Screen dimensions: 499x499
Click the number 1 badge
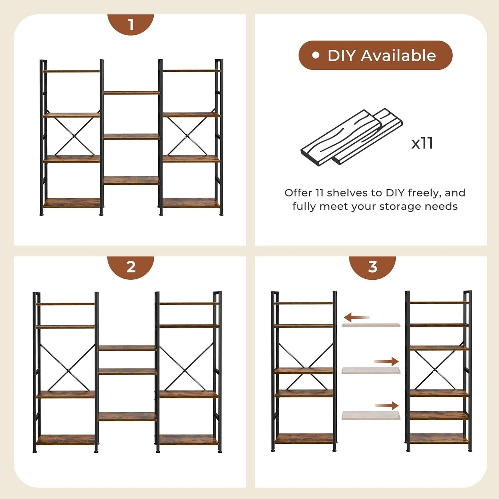pyautogui.click(x=131, y=24)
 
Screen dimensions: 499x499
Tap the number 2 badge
pyautogui.click(x=131, y=267)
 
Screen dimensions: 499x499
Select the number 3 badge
pyautogui.click(x=372, y=267)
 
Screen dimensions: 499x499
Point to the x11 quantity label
pyautogui.click(x=422, y=143)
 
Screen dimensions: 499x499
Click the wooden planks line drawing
pyautogui.click(x=351, y=137)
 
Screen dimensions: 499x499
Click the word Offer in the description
pyautogui.click(x=298, y=193)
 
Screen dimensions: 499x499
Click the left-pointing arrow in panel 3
pyautogui.click(x=356, y=317)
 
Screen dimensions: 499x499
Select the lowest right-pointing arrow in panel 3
pyautogui.click(x=387, y=406)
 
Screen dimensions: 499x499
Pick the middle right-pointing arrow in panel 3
pyautogui.click(x=386, y=362)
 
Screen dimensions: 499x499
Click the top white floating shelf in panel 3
pyautogui.click(x=371, y=325)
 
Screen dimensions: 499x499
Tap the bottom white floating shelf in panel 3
pyautogui.click(x=371, y=415)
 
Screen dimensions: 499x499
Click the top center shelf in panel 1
pyautogui.click(x=131, y=93)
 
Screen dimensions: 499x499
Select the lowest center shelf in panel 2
pyautogui.click(x=127, y=416)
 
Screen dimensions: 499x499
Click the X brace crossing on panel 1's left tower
pyautogui.click(x=74, y=136)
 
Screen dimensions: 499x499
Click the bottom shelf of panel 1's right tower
pyautogui.click(x=191, y=203)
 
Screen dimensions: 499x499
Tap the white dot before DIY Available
pyautogui.click(x=315, y=55)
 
